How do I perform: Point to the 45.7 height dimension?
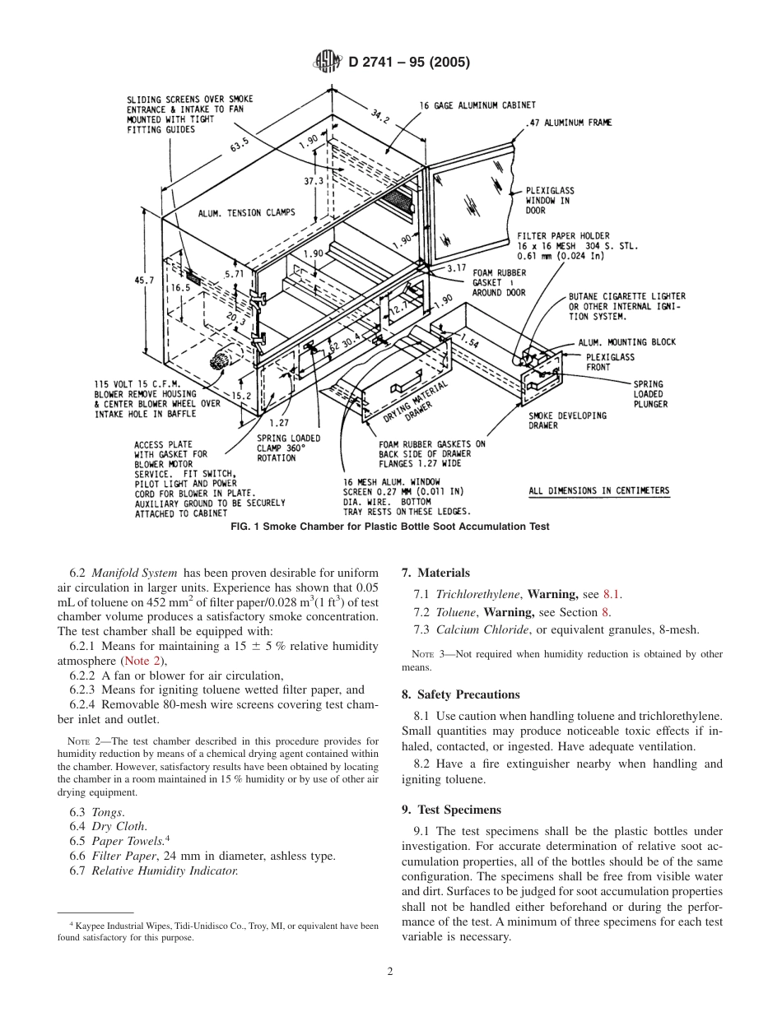(x=144, y=281)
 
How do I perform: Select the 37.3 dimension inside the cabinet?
(x=314, y=180)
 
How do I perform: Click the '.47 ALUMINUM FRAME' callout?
(x=567, y=123)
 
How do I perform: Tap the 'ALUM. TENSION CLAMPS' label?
(x=246, y=213)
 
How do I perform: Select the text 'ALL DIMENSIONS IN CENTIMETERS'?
(x=598, y=491)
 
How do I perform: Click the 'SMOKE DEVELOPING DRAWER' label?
(x=567, y=420)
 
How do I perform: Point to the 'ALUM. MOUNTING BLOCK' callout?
(x=626, y=342)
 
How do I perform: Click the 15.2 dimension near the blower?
(x=241, y=395)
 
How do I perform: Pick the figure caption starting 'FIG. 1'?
(x=389, y=527)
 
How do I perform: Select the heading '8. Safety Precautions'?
(x=460, y=694)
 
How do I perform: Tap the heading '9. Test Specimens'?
(x=451, y=810)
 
